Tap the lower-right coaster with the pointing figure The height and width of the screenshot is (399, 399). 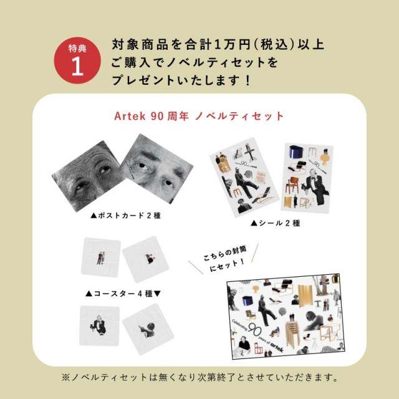coord(145,326)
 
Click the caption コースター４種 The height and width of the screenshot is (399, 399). coord(123,292)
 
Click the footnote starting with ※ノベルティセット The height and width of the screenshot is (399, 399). coord(199,377)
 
